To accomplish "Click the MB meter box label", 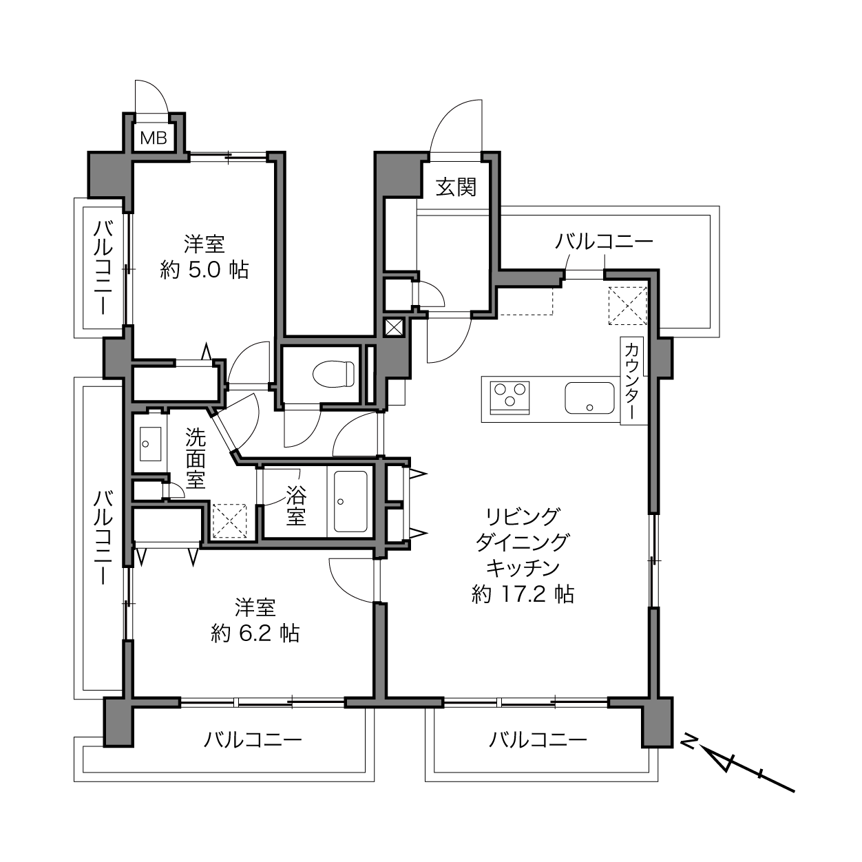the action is click(154, 138).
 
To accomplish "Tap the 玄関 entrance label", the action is click(456, 187).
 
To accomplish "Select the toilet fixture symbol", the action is click(334, 374).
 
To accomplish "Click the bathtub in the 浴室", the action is click(350, 501).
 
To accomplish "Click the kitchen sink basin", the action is click(589, 398).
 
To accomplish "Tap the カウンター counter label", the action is click(631, 381).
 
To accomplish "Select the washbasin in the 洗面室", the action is click(150, 444).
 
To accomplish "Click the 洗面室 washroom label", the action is click(196, 458).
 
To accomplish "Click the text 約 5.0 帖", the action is click(204, 270).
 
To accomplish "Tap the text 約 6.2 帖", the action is click(255, 633).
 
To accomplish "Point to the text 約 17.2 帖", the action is click(523, 594).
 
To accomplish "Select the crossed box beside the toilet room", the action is click(394, 328).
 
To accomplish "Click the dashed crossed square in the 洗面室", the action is click(229, 521).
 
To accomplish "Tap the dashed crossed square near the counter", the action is click(628, 306).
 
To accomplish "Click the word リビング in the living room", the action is click(523, 516).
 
